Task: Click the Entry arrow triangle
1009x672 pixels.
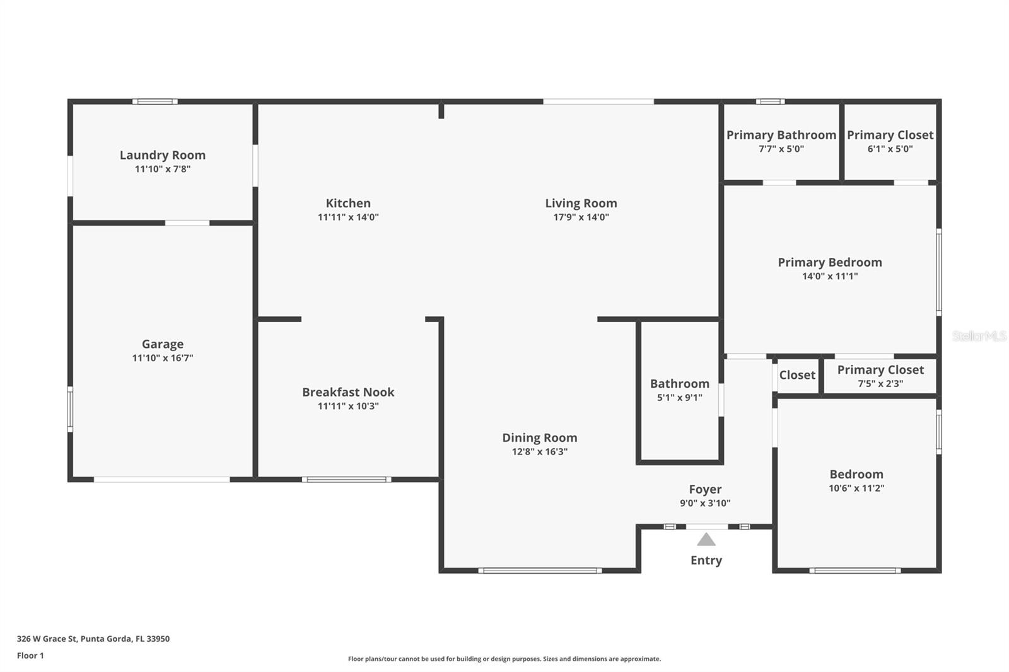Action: click(706, 540)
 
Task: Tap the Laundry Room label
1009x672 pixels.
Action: click(163, 155)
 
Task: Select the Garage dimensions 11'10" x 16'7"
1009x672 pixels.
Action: click(163, 358)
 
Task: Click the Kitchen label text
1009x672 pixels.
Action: click(348, 203)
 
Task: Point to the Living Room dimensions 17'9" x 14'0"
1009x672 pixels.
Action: click(581, 217)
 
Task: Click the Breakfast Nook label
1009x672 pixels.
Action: click(348, 392)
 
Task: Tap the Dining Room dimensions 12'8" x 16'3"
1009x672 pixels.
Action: click(540, 452)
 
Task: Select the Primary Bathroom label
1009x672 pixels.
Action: click(781, 135)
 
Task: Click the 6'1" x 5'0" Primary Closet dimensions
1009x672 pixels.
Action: click(890, 149)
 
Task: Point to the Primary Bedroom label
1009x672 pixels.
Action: click(829, 262)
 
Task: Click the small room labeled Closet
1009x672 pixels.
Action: click(797, 375)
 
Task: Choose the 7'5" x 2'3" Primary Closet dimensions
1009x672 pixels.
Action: click(880, 384)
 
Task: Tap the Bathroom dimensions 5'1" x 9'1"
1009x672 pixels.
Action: click(679, 398)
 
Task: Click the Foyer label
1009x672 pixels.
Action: click(705, 489)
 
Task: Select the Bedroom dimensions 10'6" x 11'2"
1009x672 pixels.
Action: click(856, 489)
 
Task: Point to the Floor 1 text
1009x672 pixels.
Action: click(30, 656)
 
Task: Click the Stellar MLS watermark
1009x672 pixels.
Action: click(979, 336)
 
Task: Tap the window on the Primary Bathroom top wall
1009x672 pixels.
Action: click(770, 101)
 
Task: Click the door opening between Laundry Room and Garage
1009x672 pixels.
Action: click(187, 223)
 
